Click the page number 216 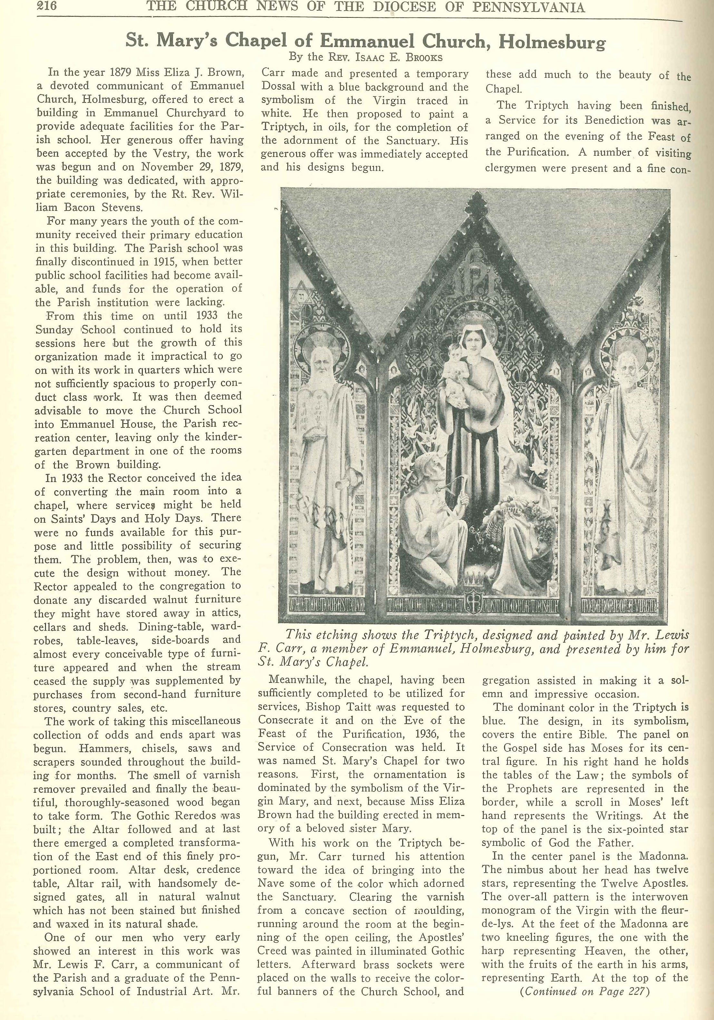pos(46,7)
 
